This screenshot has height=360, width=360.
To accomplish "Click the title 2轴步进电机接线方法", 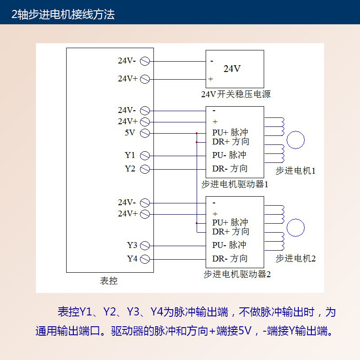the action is [x=63, y=14].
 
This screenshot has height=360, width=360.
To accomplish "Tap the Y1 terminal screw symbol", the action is [x=145, y=156].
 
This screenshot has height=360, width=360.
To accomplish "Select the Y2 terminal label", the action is [x=130, y=169].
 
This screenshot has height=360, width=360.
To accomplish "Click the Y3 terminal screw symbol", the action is [x=145, y=246].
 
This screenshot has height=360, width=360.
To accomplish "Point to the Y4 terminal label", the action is [x=132, y=259].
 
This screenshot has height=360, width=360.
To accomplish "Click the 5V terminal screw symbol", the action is [x=145, y=133].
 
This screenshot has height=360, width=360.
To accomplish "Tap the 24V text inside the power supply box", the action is [x=232, y=69].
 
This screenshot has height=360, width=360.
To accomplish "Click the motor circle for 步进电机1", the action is [x=296, y=140].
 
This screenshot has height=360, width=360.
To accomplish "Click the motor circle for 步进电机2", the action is [x=296, y=228].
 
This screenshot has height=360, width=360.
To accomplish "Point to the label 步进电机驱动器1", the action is [x=235, y=184].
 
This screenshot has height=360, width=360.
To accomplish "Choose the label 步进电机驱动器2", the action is [x=237, y=274].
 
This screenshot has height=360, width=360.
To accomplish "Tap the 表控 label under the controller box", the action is [x=108, y=281].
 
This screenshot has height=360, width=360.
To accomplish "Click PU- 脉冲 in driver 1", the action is [x=229, y=155].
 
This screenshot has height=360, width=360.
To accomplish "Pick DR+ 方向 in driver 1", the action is [x=230, y=142].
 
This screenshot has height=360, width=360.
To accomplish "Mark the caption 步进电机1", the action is [x=296, y=171].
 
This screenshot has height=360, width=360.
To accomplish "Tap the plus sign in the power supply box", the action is [x=211, y=79].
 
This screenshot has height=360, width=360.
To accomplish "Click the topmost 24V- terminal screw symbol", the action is [x=145, y=61].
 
